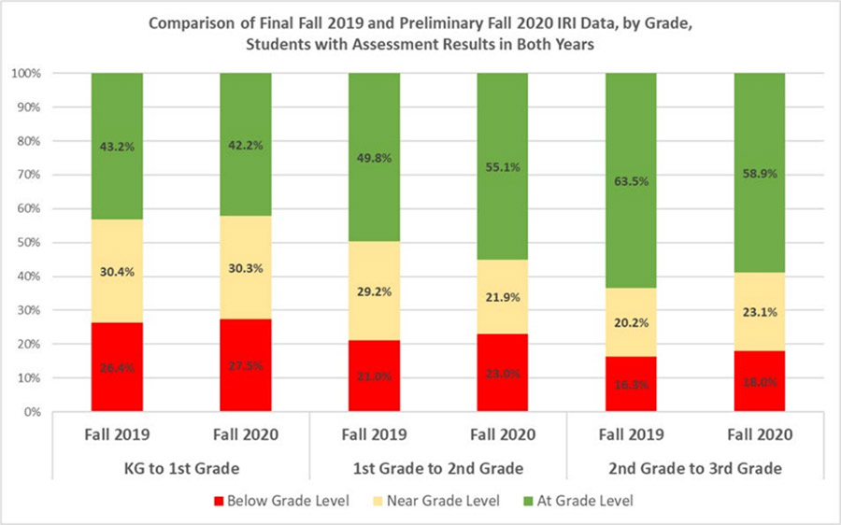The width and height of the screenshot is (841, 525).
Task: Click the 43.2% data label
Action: click(117, 146)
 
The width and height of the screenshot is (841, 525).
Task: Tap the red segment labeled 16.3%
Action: click(631, 384)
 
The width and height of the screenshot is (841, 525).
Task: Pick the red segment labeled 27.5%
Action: click(246, 365)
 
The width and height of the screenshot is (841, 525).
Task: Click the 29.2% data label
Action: click(374, 291)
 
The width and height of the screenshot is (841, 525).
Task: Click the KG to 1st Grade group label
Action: click(181, 467)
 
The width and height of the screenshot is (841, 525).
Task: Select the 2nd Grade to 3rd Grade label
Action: click(694, 467)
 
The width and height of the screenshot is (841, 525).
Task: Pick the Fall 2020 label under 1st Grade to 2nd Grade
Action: click(503, 434)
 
